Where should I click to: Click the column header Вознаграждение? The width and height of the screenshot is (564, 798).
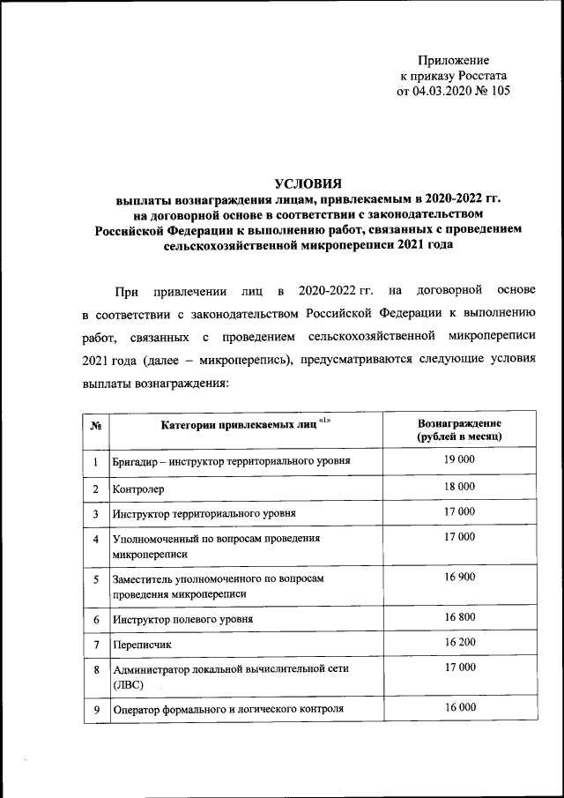(x=460, y=422)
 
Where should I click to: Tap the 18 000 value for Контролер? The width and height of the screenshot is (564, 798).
(x=460, y=486)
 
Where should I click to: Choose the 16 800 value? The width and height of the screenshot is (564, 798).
(x=460, y=617)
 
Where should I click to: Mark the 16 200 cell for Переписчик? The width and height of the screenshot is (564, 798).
(x=460, y=643)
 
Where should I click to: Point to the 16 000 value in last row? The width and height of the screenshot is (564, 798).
(x=460, y=707)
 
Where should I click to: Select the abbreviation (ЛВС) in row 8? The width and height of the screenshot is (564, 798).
(x=128, y=683)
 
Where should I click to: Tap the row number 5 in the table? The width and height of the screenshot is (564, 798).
(x=95, y=578)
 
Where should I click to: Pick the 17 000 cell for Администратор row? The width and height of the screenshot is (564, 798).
(x=460, y=667)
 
